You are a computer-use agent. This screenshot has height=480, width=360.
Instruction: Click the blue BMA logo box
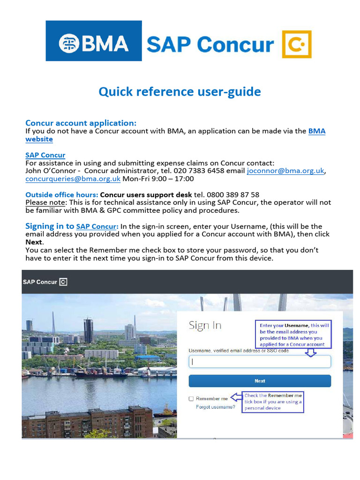(93, 41)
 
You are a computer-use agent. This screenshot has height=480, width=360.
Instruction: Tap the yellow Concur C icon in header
(297, 45)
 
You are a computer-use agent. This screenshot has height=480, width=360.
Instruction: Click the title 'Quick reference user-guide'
(180, 91)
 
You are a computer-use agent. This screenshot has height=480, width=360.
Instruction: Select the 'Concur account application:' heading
(81, 123)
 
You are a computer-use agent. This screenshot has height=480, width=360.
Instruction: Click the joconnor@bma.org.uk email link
(285, 171)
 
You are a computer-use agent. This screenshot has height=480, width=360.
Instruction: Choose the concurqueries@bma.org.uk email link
(73, 179)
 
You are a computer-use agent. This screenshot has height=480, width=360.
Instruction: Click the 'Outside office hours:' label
(61, 195)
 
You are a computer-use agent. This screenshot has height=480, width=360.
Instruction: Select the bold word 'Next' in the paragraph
(34, 242)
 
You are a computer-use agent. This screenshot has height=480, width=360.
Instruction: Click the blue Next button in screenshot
(260, 381)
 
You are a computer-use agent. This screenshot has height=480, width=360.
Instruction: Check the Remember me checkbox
(191, 399)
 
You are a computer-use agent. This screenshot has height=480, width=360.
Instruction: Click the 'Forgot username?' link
(216, 407)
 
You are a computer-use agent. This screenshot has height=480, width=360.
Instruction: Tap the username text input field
(260, 361)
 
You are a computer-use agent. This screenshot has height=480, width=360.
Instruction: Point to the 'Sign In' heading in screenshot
(205, 325)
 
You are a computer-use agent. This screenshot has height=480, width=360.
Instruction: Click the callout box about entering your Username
(294, 335)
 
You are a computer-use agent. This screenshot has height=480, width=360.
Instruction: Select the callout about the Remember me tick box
(273, 402)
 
